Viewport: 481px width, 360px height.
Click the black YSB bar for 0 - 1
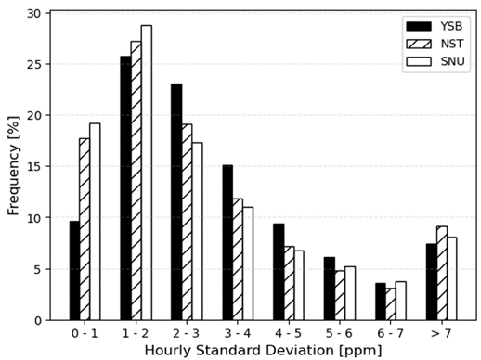(74, 270)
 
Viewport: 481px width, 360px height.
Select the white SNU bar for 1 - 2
(146, 173)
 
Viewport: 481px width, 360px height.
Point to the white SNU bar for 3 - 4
(248, 264)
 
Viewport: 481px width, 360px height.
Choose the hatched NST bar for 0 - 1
(84, 229)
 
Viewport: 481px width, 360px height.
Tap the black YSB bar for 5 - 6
(330, 289)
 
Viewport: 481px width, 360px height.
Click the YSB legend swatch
(417, 25)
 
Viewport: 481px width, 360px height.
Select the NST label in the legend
(450, 44)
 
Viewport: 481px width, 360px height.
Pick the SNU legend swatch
(417, 62)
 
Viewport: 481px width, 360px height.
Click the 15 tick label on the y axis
(35, 167)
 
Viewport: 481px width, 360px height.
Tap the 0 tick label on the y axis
(39, 320)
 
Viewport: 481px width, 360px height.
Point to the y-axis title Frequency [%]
(13, 167)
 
